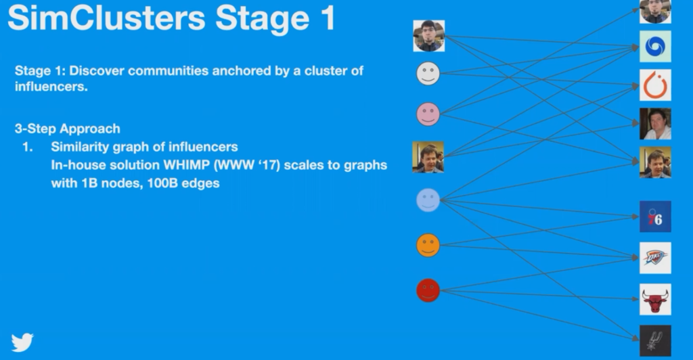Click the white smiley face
[428, 73]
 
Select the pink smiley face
[428, 114]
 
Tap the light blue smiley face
[428, 200]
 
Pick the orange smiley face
[428, 245]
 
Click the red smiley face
[428, 290]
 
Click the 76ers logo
[655, 217]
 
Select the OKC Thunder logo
[655, 258]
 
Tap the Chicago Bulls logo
[655, 300]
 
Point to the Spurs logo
[655, 340]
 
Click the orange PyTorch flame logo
[655, 85]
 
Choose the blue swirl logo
[655, 47]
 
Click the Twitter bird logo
[22, 342]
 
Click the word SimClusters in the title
[106, 18]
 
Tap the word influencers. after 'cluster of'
[51, 87]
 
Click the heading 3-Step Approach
[68, 129]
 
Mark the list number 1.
[27, 147]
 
